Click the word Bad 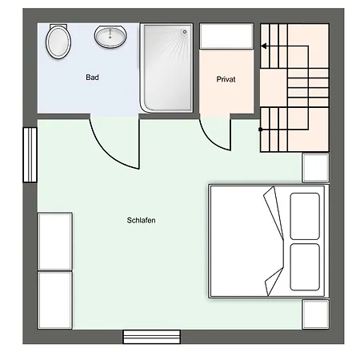pos(92,78)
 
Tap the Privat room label pos(226,79)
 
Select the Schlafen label pos(141,220)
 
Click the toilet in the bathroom pos(58,41)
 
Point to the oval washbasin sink pos(110,37)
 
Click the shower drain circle pos(185,32)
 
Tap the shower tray pos(166,68)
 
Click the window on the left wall pos(30,155)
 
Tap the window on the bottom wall pos(151,337)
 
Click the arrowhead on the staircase pos(264,46)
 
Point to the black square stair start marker pos(261,130)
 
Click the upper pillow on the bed pos(305,216)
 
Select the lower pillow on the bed pos(305,267)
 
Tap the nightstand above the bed pos(315,168)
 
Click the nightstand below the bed pos(315,314)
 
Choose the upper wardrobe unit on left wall pos(55,242)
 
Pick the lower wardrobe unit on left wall pos(55,300)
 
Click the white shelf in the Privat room pos(226,36)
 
